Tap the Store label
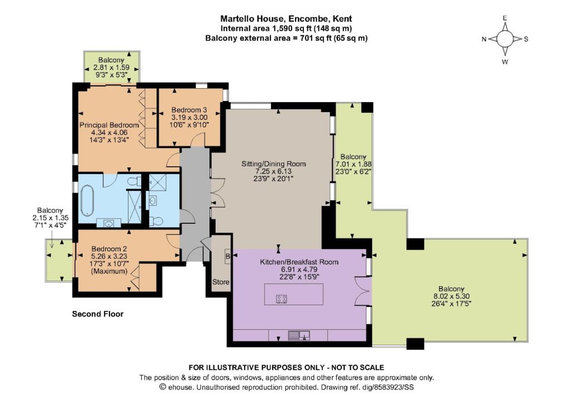tap(221, 282)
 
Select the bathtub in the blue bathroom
tap(87, 200)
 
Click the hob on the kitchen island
tap(282, 299)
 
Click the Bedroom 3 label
tap(189, 110)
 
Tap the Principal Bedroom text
tap(109, 125)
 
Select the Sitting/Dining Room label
tap(274, 164)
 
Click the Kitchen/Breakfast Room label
tap(299, 262)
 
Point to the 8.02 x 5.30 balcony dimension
tap(451, 296)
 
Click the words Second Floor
tap(98, 314)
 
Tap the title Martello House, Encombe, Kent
tap(287, 18)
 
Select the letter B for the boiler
tap(228, 256)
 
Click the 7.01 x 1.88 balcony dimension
tap(354, 164)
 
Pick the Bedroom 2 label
tap(109, 249)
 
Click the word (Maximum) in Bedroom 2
tap(109, 271)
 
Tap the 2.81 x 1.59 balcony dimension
tap(112, 68)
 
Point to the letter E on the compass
tap(505, 18)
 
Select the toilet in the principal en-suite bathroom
tap(135, 181)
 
